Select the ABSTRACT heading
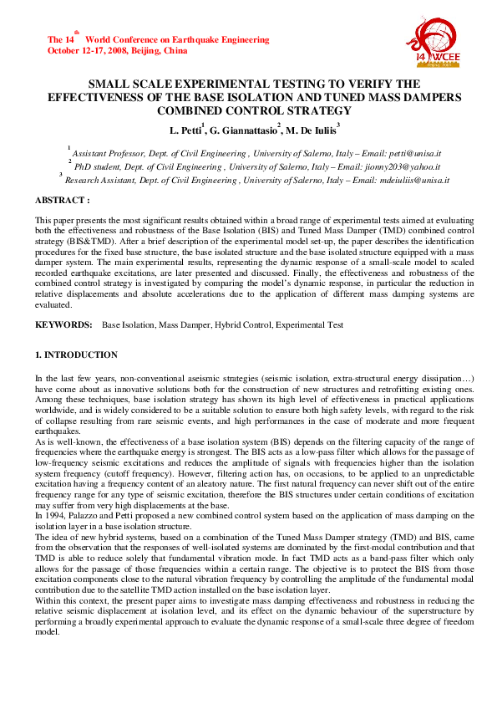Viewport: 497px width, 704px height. pyautogui.click(x=62, y=201)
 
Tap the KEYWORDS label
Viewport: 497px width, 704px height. pyautogui.click(x=63, y=324)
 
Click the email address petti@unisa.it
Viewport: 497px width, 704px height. pyautogui.click(x=413, y=155)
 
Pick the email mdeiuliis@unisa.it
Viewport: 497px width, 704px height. pyautogui.click(x=413, y=180)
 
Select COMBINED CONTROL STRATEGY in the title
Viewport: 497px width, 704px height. pyautogui.click(x=256, y=110)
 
